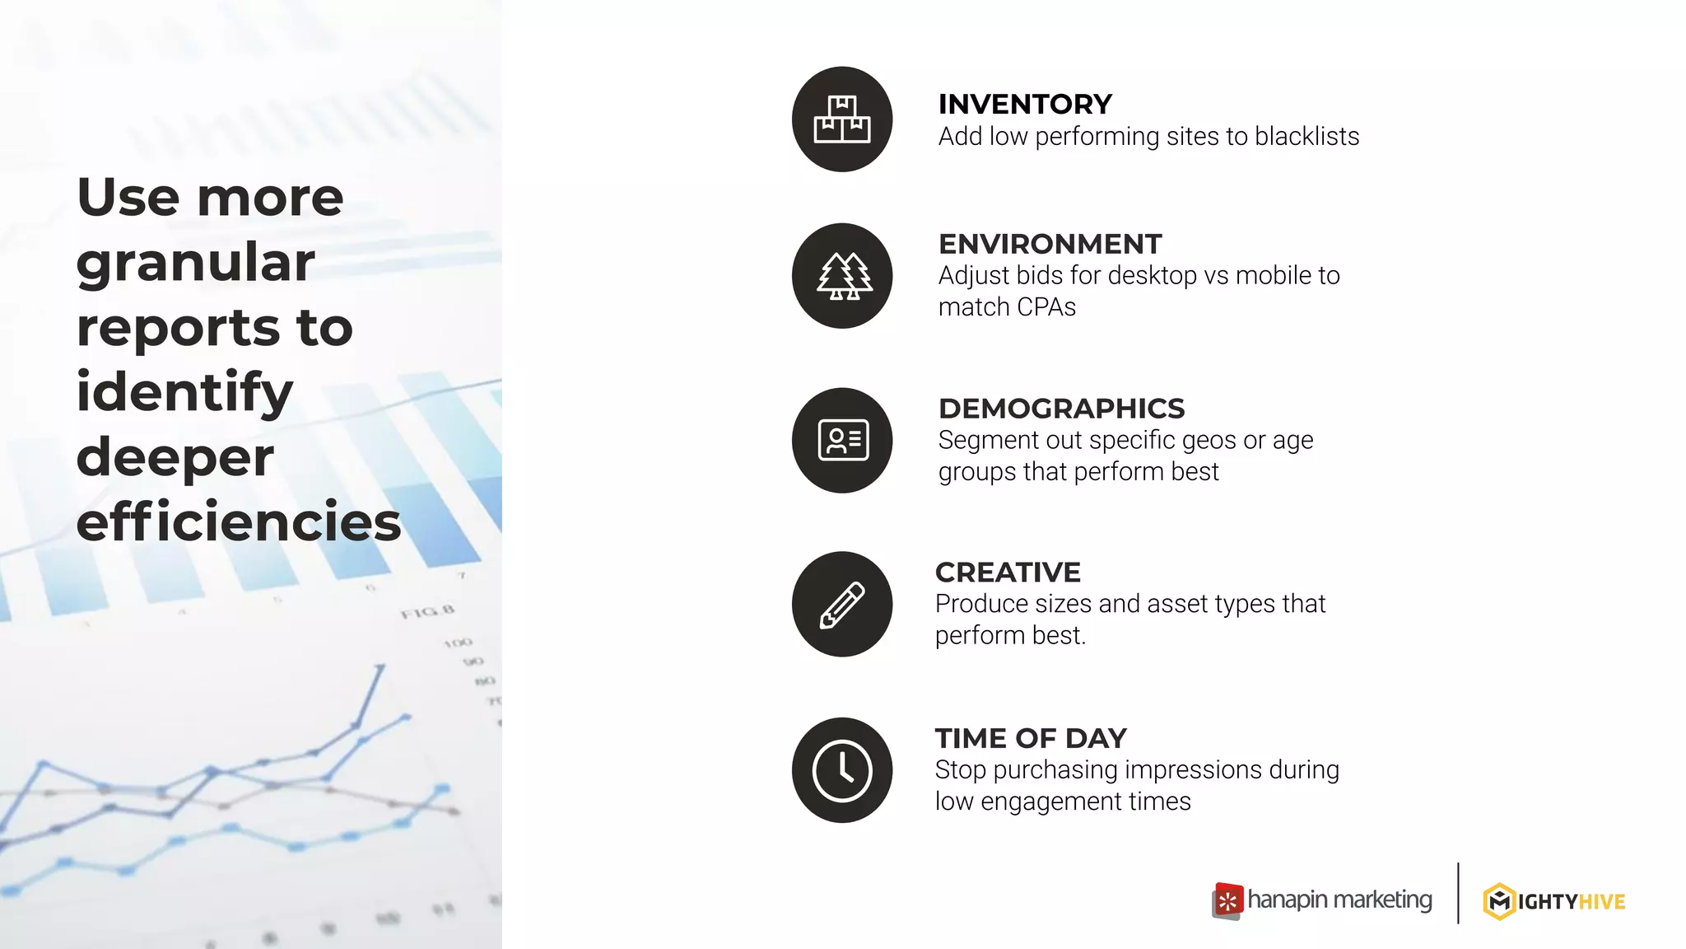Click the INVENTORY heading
click(1025, 105)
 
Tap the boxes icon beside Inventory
click(841, 119)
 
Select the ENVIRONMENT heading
click(1050, 244)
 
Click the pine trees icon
click(842, 276)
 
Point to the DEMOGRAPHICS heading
click(1061, 409)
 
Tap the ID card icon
click(842, 440)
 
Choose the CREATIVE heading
click(1008, 573)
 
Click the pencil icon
click(842, 605)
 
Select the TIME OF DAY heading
click(1031, 738)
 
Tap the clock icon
click(842, 770)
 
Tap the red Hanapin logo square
click(1227, 900)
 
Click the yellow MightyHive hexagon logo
click(1499, 901)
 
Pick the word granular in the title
click(196, 263)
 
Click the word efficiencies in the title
click(239, 522)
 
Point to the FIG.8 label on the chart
click(427, 612)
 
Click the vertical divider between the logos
click(1458, 893)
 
